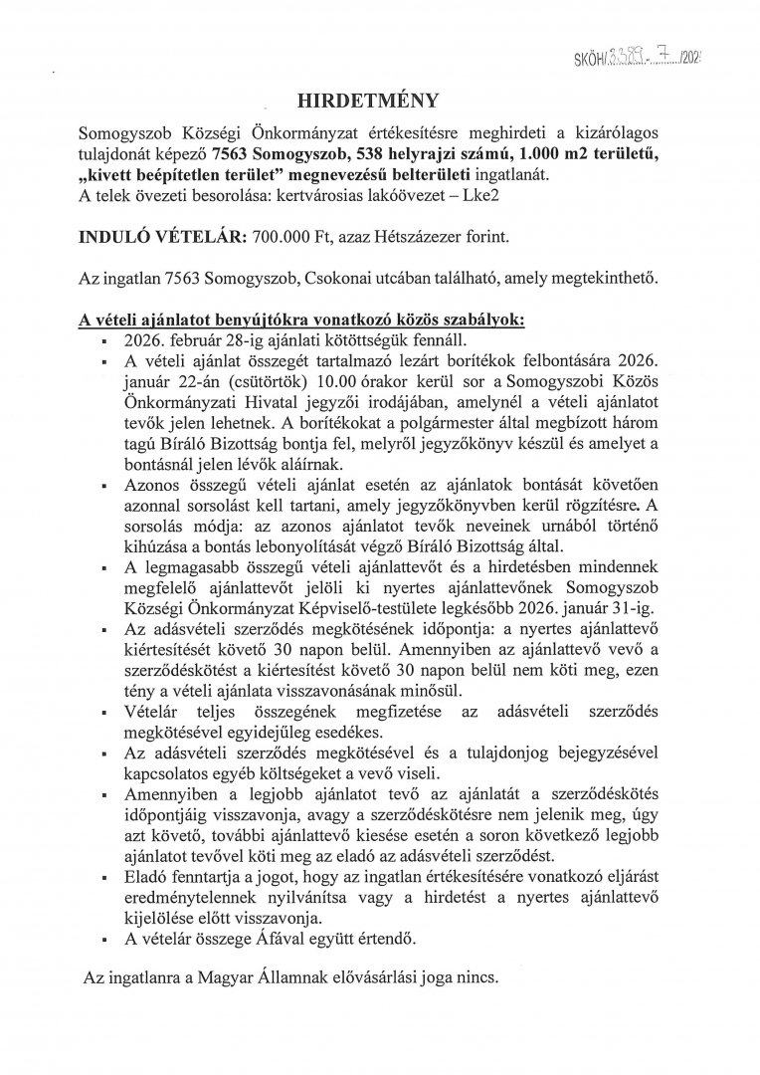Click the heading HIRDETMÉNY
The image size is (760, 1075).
[x=380, y=101]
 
